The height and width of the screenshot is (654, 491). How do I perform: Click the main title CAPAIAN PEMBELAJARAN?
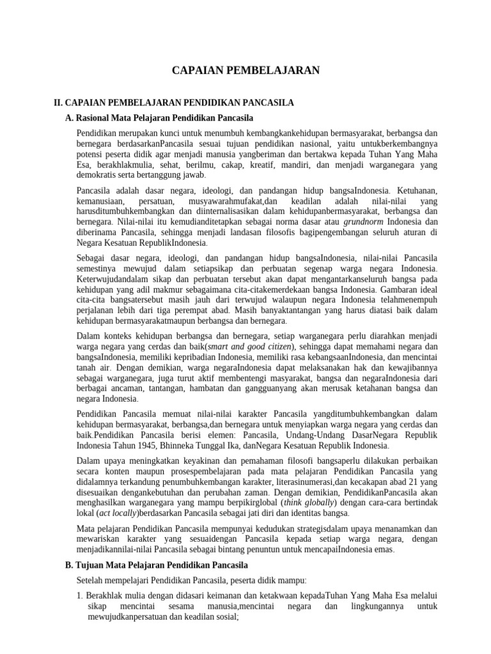click(245, 70)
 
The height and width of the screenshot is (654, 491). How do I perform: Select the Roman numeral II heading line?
click(173, 102)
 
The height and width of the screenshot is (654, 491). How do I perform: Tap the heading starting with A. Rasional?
click(160, 118)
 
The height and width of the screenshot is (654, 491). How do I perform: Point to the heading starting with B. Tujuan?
click(157, 565)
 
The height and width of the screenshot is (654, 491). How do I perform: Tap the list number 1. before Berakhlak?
click(80, 595)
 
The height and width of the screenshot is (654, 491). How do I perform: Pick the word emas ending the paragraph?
click(382, 549)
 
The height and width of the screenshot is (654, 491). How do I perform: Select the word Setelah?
click(91, 581)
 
